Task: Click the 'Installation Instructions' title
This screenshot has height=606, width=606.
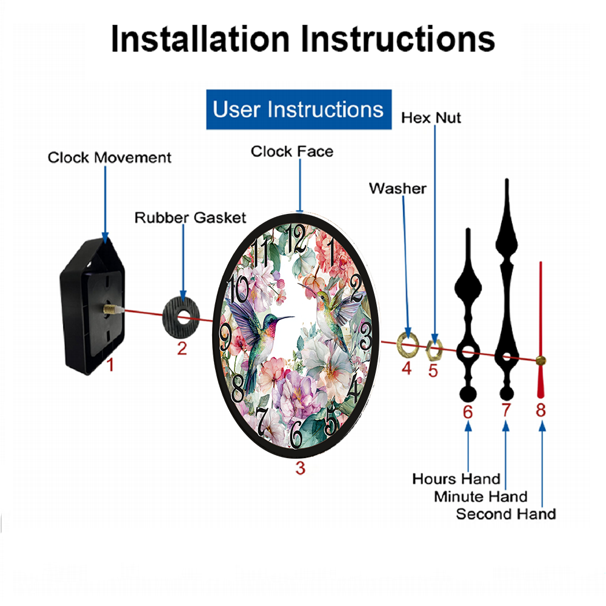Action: coord(302,39)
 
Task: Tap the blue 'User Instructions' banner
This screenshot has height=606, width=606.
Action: coord(299,109)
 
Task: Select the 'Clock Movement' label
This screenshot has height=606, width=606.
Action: coord(109,158)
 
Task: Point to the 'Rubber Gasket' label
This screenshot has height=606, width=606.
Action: coord(190,218)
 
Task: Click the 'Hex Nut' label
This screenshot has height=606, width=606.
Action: coord(431,118)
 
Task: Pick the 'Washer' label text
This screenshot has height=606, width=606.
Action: coord(398,188)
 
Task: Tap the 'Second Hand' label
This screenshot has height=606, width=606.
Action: coord(506,514)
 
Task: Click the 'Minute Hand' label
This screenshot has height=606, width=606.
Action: coord(481,497)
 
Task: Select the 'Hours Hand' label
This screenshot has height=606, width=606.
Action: coord(456,479)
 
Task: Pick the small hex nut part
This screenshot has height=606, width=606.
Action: coord(434,350)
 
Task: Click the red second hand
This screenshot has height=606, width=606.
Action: coord(541,330)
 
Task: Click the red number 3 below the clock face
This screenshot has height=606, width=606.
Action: coord(301,468)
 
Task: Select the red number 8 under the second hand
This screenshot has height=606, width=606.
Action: coord(541,410)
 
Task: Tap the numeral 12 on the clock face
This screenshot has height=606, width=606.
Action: coord(296,239)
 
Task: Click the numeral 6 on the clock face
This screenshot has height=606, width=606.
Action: coord(296,435)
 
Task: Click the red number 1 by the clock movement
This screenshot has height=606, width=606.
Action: coord(110,364)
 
